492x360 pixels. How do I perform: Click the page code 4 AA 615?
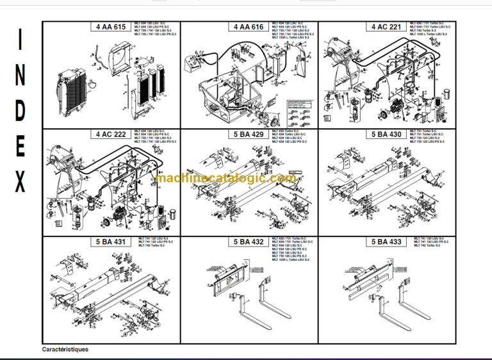point(111,28)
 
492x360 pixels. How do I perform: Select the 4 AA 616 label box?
point(249,28)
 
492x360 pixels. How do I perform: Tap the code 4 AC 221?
point(387,28)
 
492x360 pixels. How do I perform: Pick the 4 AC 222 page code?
point(111,135)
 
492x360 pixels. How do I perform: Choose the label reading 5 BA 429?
point(249,135)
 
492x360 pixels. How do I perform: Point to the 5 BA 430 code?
point(387,135)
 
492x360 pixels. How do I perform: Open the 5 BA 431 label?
point(111,242)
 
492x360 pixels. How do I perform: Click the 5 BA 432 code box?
point(249,242)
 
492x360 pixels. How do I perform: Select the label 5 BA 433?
point(387,242)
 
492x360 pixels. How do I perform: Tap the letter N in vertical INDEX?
point(20,78)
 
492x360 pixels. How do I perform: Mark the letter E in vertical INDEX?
point(20,148)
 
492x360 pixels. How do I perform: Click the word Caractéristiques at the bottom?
point(65,350)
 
